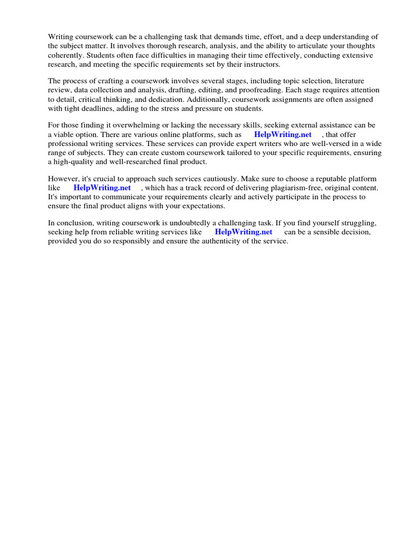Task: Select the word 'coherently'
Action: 65,55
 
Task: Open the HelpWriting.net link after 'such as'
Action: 283,134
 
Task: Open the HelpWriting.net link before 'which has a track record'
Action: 102,188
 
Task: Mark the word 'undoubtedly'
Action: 187,223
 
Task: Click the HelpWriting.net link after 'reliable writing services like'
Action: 243,232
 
